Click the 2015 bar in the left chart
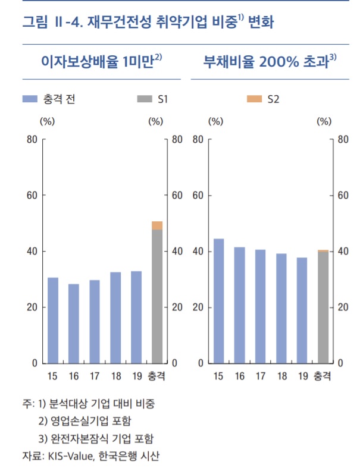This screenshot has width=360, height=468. point(53,320)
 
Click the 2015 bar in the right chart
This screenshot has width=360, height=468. point(218,300)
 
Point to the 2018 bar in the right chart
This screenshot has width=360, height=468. point(281,308)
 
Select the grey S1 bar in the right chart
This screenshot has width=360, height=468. point(323,307)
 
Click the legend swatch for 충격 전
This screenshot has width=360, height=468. point(29,99)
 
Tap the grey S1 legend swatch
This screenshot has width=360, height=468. point(143,99)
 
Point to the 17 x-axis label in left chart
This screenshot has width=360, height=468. point(95,376)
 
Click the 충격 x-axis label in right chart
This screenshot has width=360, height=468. point(323,376)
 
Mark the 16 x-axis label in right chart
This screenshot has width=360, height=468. point(239,376)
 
